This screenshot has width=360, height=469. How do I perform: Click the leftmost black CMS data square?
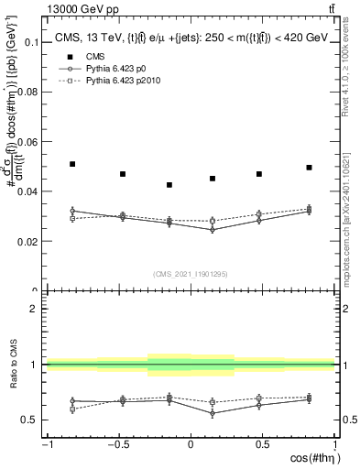tap(72, 164)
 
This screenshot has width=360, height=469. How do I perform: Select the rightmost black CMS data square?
tap(310, 168)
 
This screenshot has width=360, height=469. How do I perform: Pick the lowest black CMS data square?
tap(169, 185)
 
